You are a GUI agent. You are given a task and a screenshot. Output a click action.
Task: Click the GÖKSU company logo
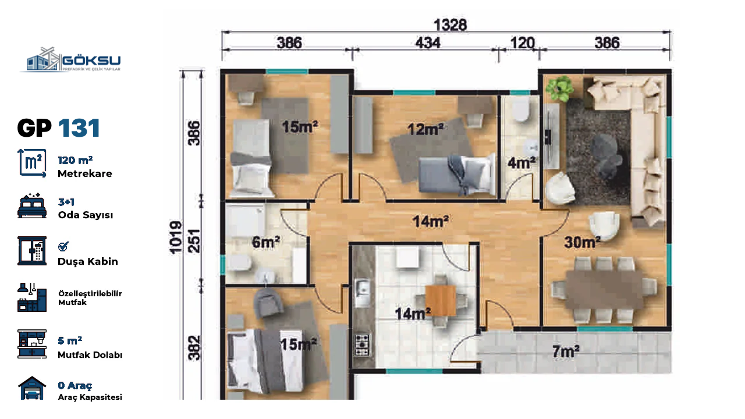pos(70,60)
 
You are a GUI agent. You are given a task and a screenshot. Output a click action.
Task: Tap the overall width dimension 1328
pos(450,25)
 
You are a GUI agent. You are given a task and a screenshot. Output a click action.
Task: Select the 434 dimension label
pos(428,43)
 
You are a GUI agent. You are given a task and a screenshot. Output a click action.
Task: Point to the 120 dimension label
pos(522,43)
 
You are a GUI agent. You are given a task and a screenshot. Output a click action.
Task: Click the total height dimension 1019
pos(176,237)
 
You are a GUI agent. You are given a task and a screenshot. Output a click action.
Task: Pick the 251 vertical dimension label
pos(194,241)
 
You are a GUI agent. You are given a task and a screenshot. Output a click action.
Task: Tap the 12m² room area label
pos(425,129)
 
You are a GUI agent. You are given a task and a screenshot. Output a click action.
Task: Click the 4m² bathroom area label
pos(521,162)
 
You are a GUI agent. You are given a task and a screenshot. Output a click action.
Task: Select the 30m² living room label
pos(582,243)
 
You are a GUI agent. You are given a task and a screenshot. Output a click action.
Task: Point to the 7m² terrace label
pos(566,351)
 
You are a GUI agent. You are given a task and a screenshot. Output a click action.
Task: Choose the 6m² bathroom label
pos(266,242)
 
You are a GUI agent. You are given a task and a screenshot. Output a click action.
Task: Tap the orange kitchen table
pos(441,301)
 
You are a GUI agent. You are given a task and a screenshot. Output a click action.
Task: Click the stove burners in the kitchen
pos(362,345)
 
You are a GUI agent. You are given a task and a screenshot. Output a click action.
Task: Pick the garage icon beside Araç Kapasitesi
pos(32,388)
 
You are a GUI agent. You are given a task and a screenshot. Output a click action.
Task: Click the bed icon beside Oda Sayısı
pos(32,206)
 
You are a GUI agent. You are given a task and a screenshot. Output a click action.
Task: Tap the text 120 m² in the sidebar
pos(75,160)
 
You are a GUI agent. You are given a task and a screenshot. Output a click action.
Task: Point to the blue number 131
pos(79,128)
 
